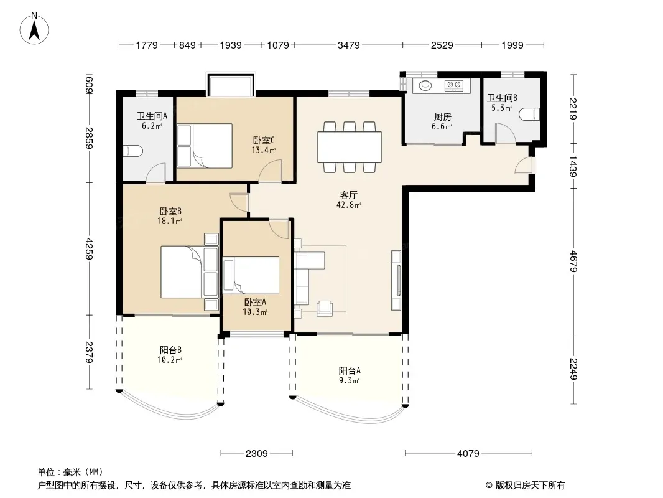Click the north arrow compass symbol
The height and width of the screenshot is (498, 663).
click(x=34, y=28)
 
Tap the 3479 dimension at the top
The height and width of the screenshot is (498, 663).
click(x=348, y=45)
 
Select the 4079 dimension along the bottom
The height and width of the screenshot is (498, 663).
click(x=468, y=454)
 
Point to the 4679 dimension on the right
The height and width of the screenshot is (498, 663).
click(x=573, y=261)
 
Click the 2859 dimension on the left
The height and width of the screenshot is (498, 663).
click(x=89, y=138)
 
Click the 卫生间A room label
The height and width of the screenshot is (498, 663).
click(x=152, y=116)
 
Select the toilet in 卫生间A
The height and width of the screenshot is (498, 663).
click(x=133, y=151)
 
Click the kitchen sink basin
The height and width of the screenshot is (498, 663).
click(x=425, y=85)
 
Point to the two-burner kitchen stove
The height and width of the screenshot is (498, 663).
click(x=454, y=85)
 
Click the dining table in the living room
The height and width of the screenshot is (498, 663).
click(x=350, y=147)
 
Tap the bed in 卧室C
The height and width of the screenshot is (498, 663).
click(x=205, y=146)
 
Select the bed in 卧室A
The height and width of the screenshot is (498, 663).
click(x=251, y=275)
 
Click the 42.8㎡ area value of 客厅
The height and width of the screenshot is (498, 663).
click(x=349, y=205)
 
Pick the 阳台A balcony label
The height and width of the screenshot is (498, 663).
click(x=350, y=370)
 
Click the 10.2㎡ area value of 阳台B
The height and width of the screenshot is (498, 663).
click(x=170, y=360)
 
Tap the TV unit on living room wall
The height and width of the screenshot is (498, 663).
click(x=396, y=280)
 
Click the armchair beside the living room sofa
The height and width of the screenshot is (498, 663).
click(x=325, y=308)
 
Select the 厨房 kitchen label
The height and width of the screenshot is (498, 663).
click(x=442, y=117)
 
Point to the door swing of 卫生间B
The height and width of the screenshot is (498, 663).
click(x=506, y=133)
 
